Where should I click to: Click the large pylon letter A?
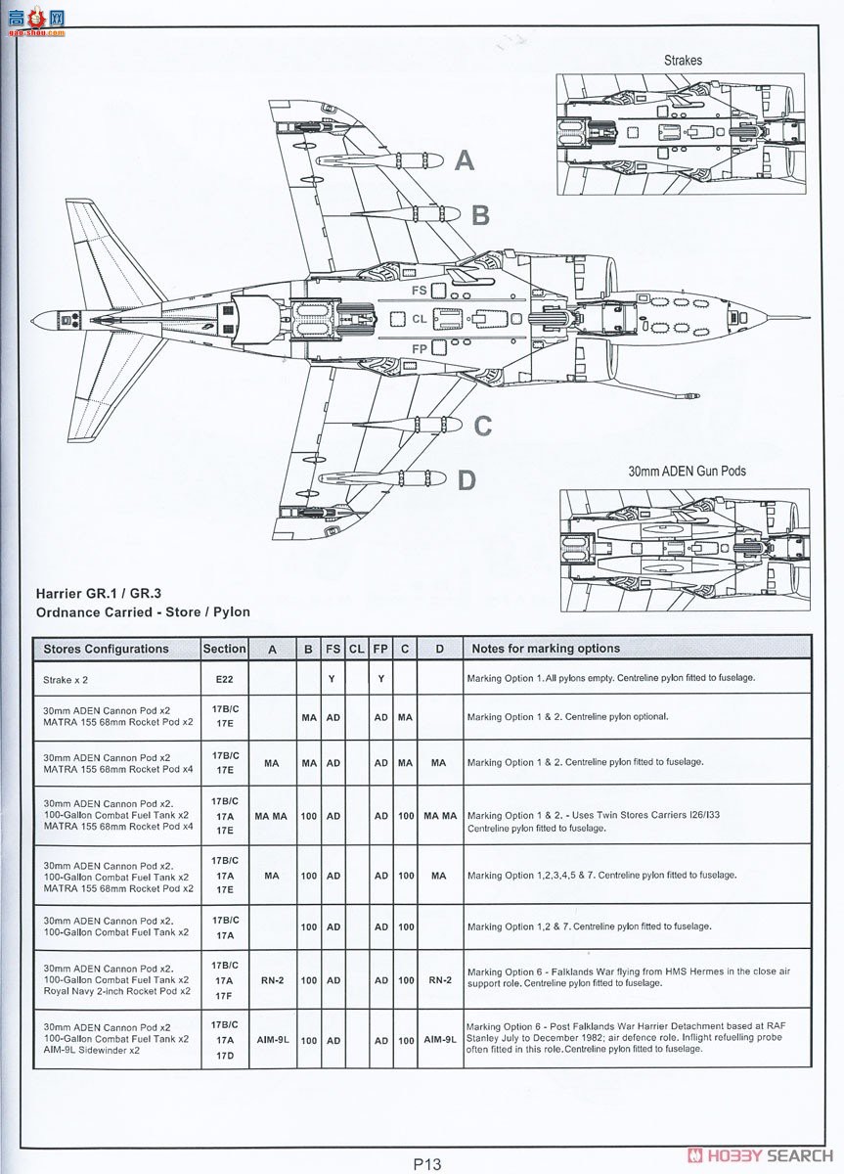coord(465,160)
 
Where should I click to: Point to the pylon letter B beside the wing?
coord(480,215)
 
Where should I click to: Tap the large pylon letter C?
coord(482,427)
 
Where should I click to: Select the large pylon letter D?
coord(466,480)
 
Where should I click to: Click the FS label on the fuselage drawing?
coord(419,291)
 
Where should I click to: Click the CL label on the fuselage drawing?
coord(419,319)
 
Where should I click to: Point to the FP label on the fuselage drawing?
coord(419,348)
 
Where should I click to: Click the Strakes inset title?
coord(683,61)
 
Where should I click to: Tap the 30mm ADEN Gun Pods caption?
coord(687,471)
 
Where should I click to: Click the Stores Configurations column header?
coord(106,649)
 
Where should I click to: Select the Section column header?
coord(224,649)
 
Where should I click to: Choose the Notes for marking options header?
coord(546,649)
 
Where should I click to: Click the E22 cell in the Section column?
coord(224,677)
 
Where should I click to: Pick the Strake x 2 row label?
coord(71,678)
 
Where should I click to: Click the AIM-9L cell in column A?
coord(272,1041)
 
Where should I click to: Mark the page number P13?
coord(427,1164)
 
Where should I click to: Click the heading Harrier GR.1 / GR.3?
coord(98,593)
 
